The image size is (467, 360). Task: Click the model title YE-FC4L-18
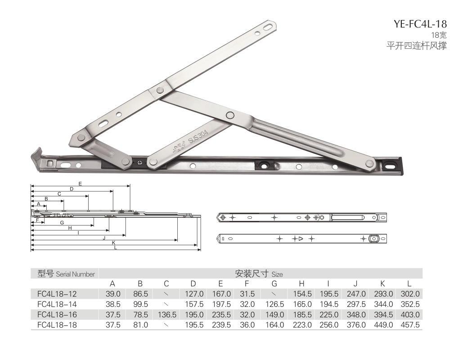tap(420, 23)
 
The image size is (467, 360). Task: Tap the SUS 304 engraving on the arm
tap(198, 137)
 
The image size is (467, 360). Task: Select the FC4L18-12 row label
tap(57, 294)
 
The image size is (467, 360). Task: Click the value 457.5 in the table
tap(410, 324)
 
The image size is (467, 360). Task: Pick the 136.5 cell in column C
tap(167, 315)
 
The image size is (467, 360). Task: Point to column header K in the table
tap(383, 283)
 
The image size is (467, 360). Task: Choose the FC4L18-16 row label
tap(57, 315)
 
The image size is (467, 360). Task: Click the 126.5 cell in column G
tap(274, 304)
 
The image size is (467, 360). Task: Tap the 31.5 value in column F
tap(247, 294)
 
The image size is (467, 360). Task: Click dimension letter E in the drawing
tap(80, 184)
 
